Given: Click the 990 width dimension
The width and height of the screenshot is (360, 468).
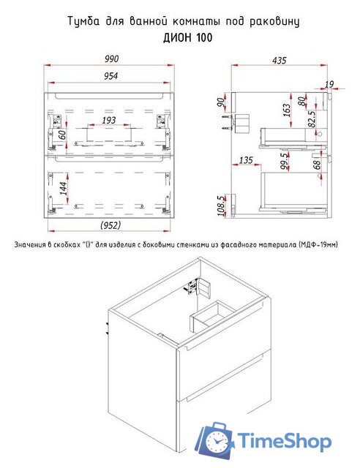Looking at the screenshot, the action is (111, 58).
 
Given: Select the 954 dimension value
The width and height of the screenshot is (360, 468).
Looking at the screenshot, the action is (110, 76).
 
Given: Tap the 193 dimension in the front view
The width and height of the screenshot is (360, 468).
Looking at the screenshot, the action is (109, 120).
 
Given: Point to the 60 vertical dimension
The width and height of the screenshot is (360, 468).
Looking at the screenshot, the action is (61, 135).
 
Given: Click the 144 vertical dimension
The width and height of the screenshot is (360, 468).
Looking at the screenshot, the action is (63, 189).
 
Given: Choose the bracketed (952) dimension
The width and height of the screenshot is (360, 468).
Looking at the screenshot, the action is (110, 224).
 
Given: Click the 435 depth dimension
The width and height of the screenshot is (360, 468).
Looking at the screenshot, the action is (279, 61).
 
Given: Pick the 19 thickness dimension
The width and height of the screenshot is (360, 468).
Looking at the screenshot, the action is (329, 85).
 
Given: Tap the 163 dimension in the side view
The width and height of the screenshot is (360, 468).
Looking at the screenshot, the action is (287, 110).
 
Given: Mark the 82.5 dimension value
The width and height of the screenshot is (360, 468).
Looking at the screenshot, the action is (311, 119).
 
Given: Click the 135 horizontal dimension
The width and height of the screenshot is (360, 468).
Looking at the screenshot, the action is (246, 160).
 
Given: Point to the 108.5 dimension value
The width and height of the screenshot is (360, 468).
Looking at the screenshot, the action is (222, 205).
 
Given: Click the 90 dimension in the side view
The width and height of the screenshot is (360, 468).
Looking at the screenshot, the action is (221, 102).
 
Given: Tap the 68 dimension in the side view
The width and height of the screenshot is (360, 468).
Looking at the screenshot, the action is (317, 165).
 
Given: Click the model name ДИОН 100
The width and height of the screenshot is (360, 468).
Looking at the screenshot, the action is (188, 38).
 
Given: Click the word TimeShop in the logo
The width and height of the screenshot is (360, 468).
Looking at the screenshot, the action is (285, 441).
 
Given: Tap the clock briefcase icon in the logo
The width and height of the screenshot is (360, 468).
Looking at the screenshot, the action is (215, 439).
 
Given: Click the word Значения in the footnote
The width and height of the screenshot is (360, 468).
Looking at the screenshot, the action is (29, 245).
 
